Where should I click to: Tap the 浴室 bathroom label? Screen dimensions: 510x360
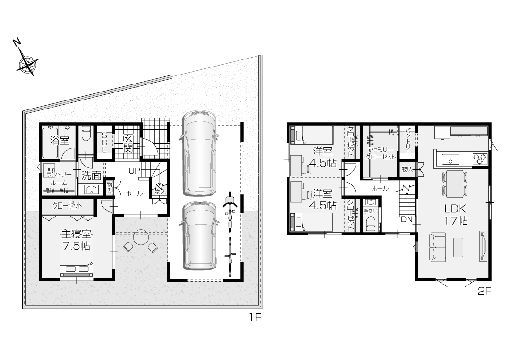(59, 140)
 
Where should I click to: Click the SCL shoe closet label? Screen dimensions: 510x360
(104, 142)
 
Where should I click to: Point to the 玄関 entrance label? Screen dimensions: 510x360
(128, 143)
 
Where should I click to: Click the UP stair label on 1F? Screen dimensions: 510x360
(134, 171)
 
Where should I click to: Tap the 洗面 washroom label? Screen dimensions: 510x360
(92, 176)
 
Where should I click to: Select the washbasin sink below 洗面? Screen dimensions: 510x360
(91, 189)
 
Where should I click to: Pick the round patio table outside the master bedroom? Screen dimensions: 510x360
(141, 238)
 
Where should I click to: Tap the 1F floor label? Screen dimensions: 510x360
(255, 317)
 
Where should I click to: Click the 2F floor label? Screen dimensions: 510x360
(484, 292)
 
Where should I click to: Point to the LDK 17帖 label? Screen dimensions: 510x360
(456, 214)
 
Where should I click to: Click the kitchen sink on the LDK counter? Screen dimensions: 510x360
(450, 159)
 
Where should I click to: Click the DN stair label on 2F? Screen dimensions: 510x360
(406, 219)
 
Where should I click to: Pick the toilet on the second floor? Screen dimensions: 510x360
(371, 224)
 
